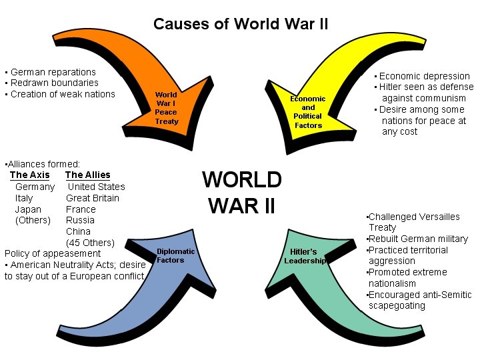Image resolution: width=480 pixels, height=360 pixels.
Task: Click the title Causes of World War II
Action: (240, 25)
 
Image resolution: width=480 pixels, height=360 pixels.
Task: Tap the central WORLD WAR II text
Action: (241, 193)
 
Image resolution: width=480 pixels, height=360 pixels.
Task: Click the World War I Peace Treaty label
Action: (166, 108)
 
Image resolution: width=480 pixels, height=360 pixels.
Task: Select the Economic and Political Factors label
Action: (308, 112)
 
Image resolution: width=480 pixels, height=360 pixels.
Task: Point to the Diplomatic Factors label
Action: (175, 255)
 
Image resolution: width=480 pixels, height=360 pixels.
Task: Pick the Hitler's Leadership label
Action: (305, 256)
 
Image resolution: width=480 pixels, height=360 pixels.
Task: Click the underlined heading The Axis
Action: (30, 175)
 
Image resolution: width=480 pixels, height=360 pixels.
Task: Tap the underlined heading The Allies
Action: (88, 175)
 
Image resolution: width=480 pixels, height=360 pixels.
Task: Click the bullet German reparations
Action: (52, 72)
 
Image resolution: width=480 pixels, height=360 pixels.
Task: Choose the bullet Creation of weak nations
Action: (61, 94)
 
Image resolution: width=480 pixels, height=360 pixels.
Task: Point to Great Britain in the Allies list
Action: (93, 198)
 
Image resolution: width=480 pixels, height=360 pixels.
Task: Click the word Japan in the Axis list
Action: (28, 209)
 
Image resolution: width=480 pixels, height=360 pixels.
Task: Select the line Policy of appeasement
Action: (53, 253)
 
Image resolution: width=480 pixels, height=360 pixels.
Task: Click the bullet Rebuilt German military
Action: (418, 239)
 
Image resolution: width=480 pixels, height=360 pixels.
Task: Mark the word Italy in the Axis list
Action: (24, 198)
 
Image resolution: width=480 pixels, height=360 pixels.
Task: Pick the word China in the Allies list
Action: (78, 231)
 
